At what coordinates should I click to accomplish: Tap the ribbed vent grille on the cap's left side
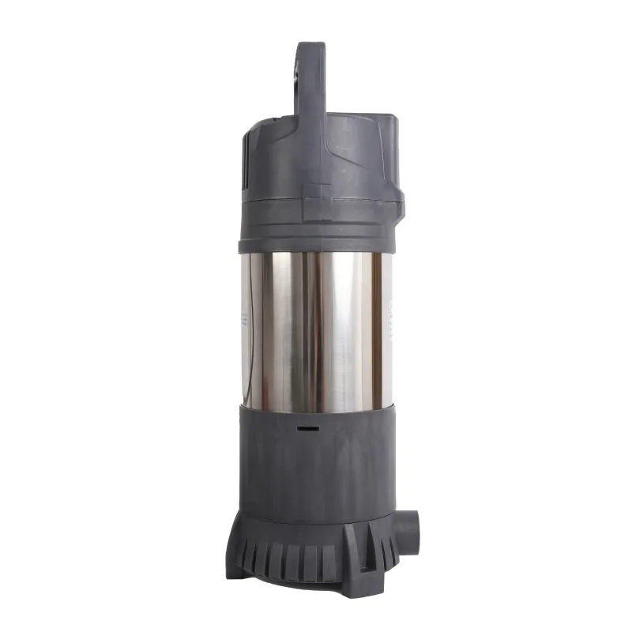pos(246,158)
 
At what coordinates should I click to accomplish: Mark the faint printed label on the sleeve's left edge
pos(243,320)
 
